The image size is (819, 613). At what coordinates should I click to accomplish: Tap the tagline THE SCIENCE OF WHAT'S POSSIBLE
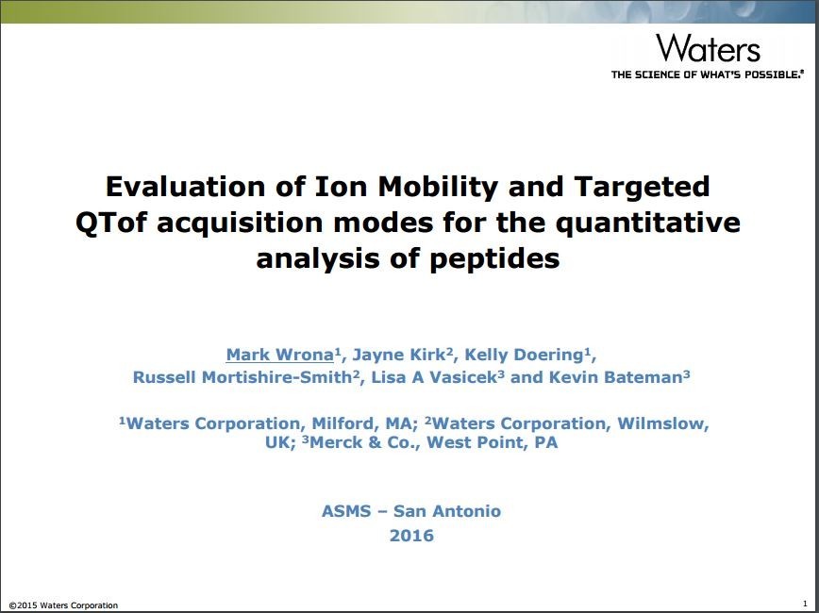coord(708,75)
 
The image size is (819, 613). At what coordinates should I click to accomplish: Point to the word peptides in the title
coord(494,259)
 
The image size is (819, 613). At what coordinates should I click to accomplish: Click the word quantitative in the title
coord(647,223)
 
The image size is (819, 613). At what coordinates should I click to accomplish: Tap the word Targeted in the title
coord(642,188)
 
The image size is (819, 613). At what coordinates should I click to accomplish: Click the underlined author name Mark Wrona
coord(279,355)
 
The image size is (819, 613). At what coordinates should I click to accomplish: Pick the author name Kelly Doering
coord(524,355)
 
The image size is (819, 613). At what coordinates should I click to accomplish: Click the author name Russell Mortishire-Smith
coord(242,377)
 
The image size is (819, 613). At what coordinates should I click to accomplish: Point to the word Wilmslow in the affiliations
coord(662,423)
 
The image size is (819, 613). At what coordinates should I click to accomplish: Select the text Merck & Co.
coord(364,443)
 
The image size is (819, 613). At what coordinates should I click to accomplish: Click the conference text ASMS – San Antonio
coord(411,510)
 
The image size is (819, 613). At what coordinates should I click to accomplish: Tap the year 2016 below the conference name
coord(411,536)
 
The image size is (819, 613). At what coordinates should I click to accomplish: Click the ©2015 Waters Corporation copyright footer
coord(63,605)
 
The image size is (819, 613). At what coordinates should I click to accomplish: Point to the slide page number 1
coord(805,603)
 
